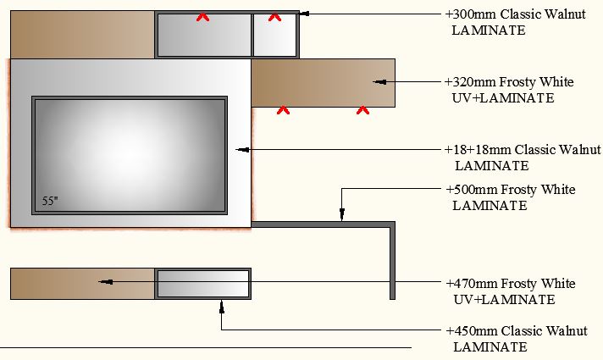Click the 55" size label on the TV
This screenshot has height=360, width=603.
pyautogui.click(x=50, y=202)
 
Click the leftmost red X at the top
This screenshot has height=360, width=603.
pyautogui.click(x=203, y=16)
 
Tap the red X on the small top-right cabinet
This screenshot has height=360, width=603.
pyautogui.click(x=274, y=16)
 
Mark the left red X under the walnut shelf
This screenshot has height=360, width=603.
pyautogui.click(x=283, y=109)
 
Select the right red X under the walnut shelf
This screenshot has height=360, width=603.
pyautogui.click(x=362, y=109)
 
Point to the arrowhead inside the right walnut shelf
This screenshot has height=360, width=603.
pyautogui.click(x=379, y=82)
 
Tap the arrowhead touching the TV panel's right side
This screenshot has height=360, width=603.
pyautogui.click(x=243, y=149)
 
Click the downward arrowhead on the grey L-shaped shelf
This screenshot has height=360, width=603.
pyautogui.click(x=341, y=217)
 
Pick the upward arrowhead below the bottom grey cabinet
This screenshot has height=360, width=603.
pyautogui.click(x=221, y=304)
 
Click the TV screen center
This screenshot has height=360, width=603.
pyautogui.click(x=130, y=154)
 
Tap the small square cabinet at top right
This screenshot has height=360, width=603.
pyautogui.click(x=275, y=36)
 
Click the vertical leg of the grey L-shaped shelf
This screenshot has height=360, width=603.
pyautogui.click(x=392, y=263)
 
